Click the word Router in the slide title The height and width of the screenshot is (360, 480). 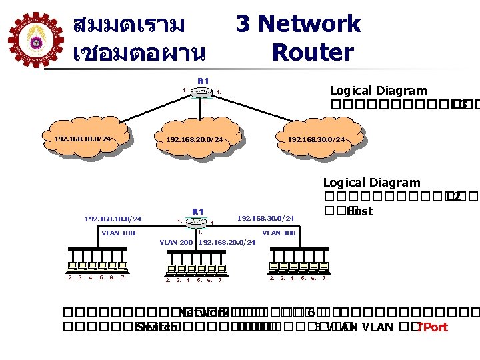point(313,52)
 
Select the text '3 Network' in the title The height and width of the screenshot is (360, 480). point(298,24)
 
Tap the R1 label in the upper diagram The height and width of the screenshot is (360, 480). point(203,81)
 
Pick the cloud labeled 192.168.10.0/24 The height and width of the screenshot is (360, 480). point(83,139)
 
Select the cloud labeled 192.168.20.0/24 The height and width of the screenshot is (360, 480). point(195,140)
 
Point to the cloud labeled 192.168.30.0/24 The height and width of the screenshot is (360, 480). point(316,140)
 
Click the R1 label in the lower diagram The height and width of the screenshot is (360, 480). point(197,211)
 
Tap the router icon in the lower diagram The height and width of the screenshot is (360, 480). point(197,222)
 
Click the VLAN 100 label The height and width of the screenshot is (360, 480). point(118,233)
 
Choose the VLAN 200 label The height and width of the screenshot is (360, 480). point(177,242)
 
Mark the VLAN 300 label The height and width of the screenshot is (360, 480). point(279,233)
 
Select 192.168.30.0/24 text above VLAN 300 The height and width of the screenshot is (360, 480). point(265,218)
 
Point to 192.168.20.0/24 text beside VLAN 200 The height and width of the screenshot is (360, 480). point(227,242)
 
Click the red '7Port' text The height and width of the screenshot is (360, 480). point(432,327)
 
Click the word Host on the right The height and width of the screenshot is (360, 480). point(360,211)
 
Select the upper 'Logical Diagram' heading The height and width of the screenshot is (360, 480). point(378,91)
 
